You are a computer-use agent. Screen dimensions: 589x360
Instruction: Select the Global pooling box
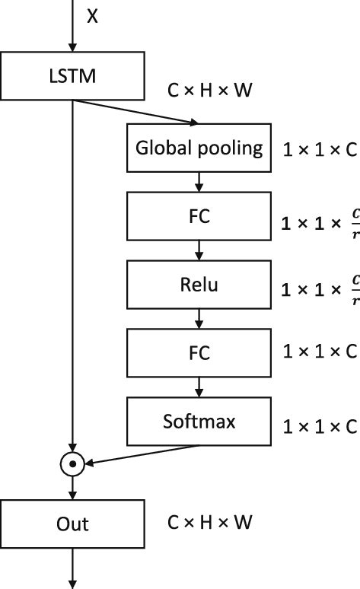199,148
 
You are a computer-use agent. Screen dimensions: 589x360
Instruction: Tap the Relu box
199,285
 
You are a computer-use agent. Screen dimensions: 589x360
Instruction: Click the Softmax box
199,422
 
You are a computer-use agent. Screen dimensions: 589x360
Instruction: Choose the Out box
72,524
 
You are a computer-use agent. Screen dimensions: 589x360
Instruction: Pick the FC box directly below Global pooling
199,216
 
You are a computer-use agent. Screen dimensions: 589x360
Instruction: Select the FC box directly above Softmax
199,353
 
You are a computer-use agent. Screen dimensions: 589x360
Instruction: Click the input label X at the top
92,16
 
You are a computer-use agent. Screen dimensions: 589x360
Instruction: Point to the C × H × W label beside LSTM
209,90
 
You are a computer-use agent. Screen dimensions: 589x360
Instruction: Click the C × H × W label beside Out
209,523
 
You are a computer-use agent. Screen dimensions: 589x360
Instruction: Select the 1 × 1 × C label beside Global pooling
319,149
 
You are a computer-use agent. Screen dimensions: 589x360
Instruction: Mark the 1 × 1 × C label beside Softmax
319,427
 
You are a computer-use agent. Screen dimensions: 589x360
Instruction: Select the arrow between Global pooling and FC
199,182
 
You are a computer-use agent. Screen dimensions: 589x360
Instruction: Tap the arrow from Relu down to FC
199,319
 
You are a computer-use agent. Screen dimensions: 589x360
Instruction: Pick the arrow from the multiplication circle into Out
72,486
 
